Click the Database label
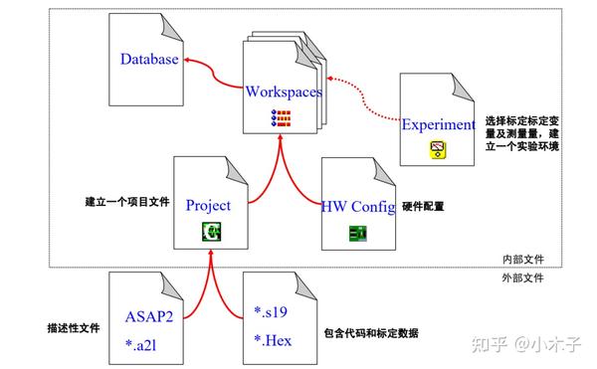pyautogui.click(x=149, y=60)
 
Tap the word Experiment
pyautogui.click(x=439, y=124)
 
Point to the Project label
pyautogui.click(x=209, y=205)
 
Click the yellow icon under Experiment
pyautogui.click(x=436, y=150)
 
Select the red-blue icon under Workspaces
pyautogui.click(x=284, y=118)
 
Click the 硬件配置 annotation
pyautogui.click(x=423, y=207)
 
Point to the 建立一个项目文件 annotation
pyautogui.click(x=127, y=201)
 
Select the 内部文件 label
pyautogui.click(x=523, y=259)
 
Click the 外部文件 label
pyautogui.click(x=523, y=277)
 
